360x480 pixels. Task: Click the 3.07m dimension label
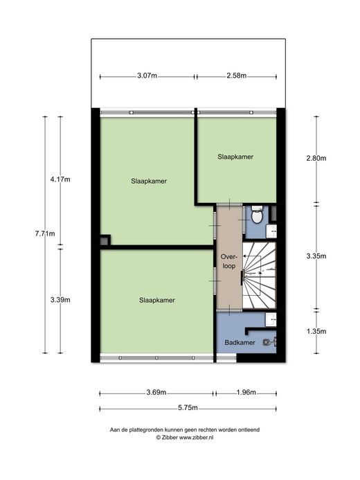[x=147, y=75]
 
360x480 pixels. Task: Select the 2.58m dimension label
[x=237, y=75]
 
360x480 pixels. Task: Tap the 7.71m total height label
[x=45, y=233]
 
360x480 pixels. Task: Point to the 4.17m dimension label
[x=60, y=179]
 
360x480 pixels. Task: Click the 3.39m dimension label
[x=60, y=300]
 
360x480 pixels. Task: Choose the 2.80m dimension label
[x=316, y=158]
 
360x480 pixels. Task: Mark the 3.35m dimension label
[x=316, y=256]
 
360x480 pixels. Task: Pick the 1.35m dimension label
[x=316, y=331]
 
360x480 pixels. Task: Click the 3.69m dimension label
[x=156, y=392]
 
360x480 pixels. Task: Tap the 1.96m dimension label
[x=246, y=392]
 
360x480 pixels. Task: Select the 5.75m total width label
[x=188, y=408]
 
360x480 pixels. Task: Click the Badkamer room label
[x=240, y=343]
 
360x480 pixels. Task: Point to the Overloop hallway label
[x=229, y=261]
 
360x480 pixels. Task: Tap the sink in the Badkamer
[x=271, y=320]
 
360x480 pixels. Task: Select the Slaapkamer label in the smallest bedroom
[x=235, y=157]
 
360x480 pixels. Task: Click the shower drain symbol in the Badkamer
[x=267, y=342]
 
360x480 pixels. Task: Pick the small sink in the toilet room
[x=271, y=231]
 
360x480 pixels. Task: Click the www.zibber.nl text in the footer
[x=196, y=438]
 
